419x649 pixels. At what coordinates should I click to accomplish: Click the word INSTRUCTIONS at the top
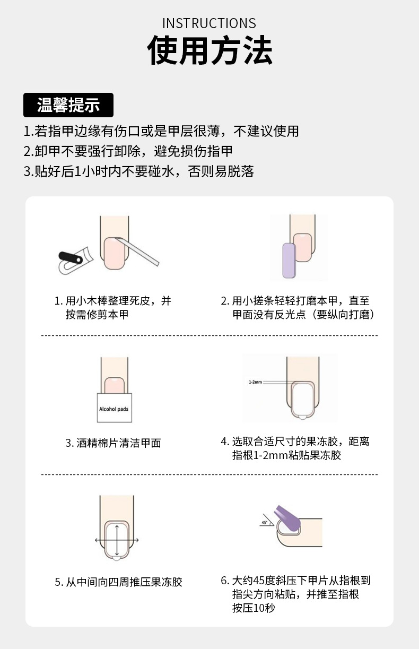tap(209, 23)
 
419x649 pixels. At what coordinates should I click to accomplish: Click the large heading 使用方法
tap(210, 51)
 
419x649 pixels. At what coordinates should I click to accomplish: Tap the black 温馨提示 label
tap(68, 105)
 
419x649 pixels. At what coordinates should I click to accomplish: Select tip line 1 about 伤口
tap(161, 131)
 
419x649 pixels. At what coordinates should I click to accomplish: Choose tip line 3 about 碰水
tap(138, 171)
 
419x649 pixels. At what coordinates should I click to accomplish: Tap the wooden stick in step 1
tap(141, 252)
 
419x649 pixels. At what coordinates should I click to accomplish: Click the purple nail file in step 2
tap(289, 261)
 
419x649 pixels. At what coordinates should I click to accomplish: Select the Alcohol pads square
tap(114, 409)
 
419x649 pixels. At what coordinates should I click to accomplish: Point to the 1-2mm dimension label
tap(256, 382)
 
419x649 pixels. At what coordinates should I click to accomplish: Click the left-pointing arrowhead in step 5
tap(97, 540)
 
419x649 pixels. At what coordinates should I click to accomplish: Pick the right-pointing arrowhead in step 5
tap(137, 540)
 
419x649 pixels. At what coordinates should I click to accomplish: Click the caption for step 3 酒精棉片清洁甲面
tap(113, 443)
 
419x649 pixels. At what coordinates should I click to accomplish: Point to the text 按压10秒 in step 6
tap(254, 608)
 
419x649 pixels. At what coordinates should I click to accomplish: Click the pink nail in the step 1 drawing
tap(114, 252)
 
